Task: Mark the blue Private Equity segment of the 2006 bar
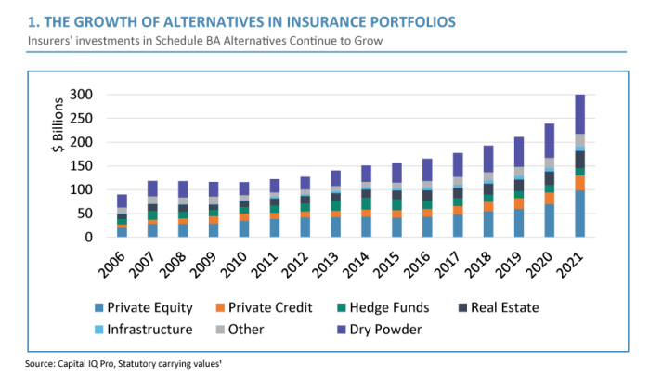coord(122,232)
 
